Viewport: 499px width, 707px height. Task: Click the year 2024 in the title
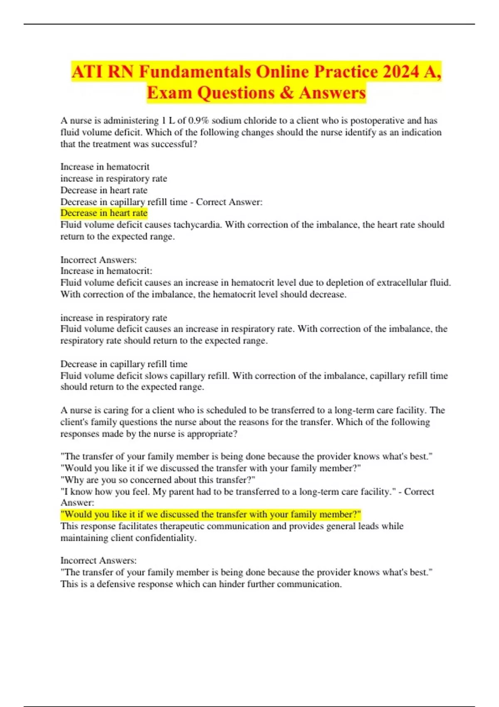401,72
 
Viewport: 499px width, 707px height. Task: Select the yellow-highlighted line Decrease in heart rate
104,213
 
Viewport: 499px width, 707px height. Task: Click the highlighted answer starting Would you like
211,514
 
